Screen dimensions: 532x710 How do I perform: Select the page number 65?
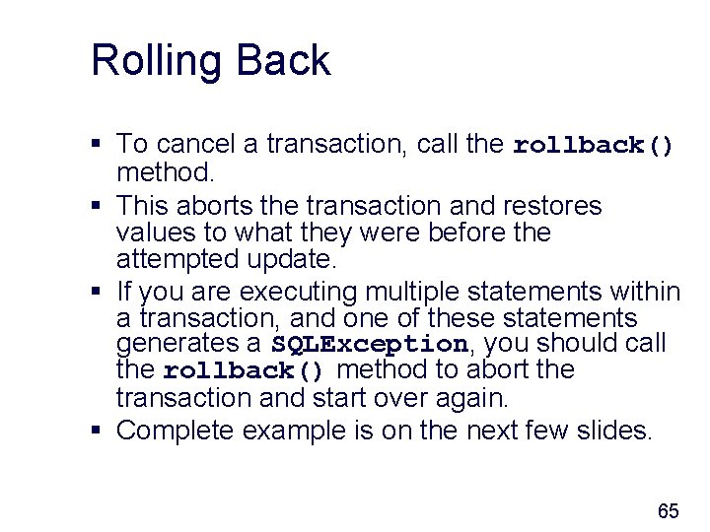pos(668,511)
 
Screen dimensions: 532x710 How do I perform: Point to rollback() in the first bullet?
pos(594,146)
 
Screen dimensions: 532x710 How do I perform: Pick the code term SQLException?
pos(370,345)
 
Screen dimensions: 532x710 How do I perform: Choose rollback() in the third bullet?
pos(244,371)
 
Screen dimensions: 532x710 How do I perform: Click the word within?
pos(645,292)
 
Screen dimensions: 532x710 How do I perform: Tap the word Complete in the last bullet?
pos(176,430)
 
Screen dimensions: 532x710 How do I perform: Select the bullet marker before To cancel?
pos(97,145)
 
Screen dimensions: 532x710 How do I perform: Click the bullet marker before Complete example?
pos(97,431)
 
